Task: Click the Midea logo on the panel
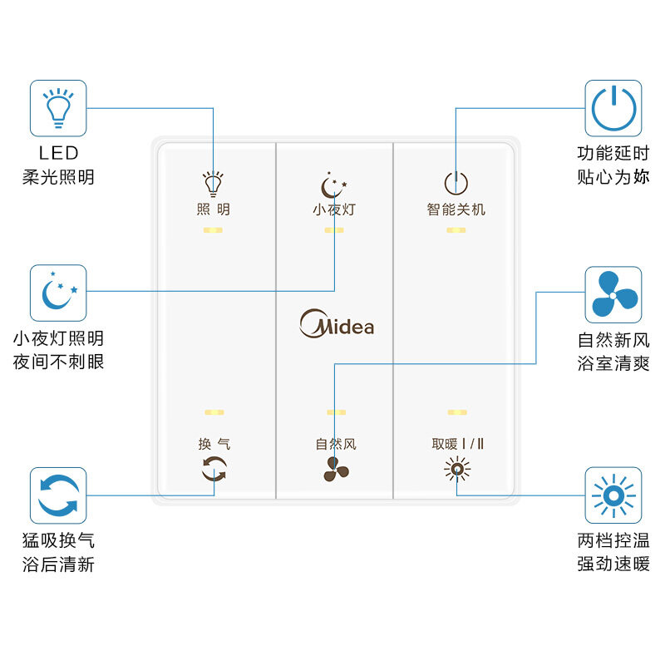[337, 323]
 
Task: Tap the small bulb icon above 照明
[214, 182]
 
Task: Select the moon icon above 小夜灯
[334, 185]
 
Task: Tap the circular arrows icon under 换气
[214, 470]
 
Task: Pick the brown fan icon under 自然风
[336, 470]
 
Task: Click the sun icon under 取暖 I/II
[456, 470]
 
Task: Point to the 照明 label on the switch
[214, 209]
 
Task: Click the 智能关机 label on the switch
[456, 209]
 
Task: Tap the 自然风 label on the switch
[335, 444]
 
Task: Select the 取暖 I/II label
[457, 444]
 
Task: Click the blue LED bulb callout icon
[58, 108]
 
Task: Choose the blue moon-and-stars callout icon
[58, 293]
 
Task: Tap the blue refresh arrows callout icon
[58, 495]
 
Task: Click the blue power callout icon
[613, 108]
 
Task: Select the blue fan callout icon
[613, 294]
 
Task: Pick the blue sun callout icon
[613, 495]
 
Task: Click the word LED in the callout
[58, 153]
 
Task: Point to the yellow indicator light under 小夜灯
[334, 229]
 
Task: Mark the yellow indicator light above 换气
[214, 412]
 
